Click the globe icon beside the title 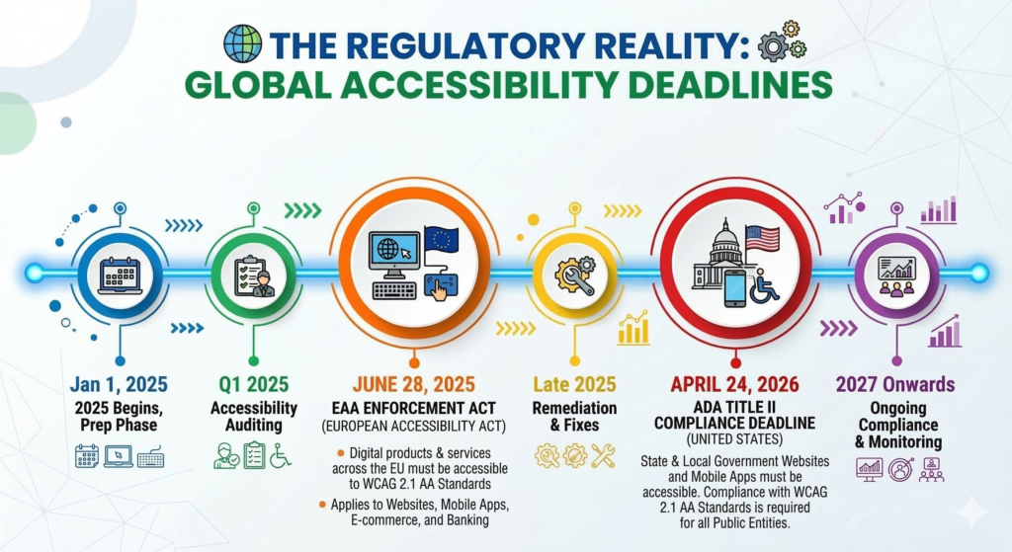pyautogui.click(x=242, y=44)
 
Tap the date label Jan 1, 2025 pyautogui.click(x=119, y=384)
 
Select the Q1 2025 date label pyautogui.click(x=253, y=384)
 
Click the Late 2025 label pyautogui.click(x=574, y=384)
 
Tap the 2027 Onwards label pyautogui.click(x=894, y=384)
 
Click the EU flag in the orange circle pyautogui.click(x=441, y=242)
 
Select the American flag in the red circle pyautogui.click(x=762, y=238)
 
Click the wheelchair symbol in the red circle pyautogui.click(x=764, y=285)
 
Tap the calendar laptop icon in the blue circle pyautogui.click(x=119, y=272)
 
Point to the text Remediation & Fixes pyautogui.click(x=574, y=417)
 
